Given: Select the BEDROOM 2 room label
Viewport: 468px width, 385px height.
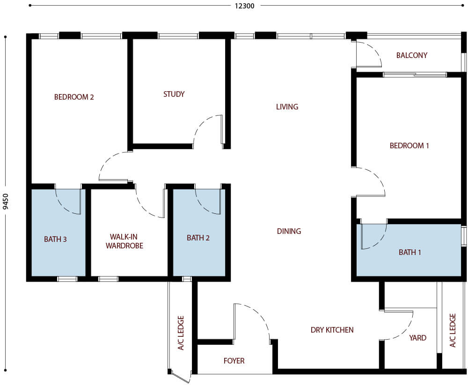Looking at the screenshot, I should pos(74,97).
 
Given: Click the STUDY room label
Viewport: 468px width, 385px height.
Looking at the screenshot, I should pos(174,94).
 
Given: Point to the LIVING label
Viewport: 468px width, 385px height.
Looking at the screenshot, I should pos(287,107).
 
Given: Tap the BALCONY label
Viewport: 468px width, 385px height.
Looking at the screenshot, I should pos(412,55).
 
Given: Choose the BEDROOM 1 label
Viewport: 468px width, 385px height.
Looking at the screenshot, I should pos(409,145).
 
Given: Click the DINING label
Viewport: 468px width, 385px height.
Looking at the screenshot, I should pos(289,231).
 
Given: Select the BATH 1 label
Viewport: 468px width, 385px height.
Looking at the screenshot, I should pos(410,252).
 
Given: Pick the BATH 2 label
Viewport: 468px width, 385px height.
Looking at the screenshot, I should pos(198,238).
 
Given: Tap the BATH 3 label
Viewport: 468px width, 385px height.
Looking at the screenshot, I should pos(55,239).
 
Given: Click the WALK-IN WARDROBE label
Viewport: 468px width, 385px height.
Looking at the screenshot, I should pos(124,241).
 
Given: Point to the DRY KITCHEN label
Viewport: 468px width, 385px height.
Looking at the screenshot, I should pos(332,330).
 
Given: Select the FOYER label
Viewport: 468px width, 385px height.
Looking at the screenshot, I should pos(234,361).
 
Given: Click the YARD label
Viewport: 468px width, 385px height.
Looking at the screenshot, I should pos(417,337).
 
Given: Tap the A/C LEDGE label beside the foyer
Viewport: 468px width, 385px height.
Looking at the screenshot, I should pos(181,333).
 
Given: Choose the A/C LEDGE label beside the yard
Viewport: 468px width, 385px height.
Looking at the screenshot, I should pos(452,330).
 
